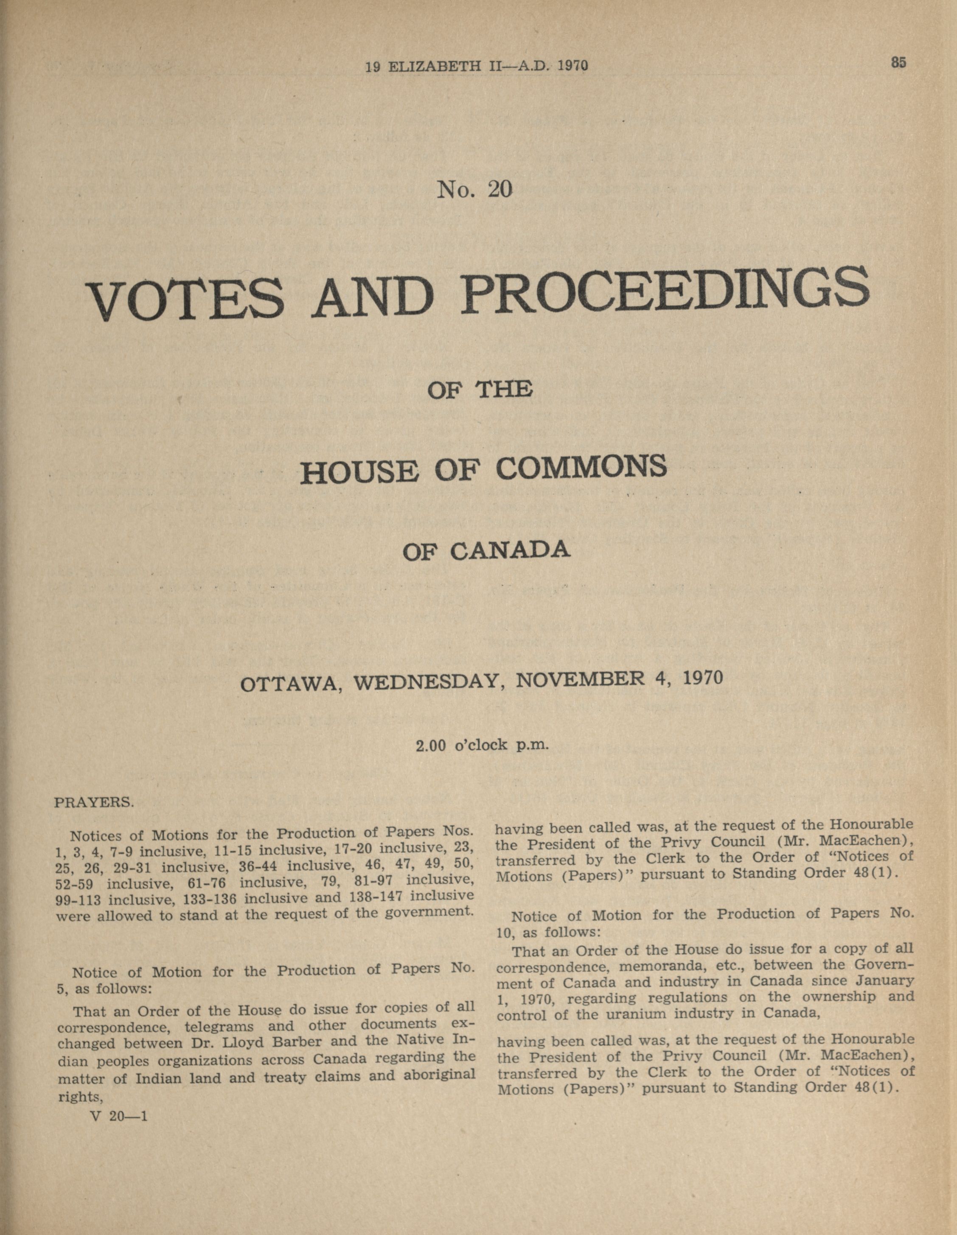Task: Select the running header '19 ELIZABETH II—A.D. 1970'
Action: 476,66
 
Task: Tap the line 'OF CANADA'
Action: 486,550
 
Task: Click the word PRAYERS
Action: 93,802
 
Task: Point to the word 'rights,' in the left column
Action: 80,1097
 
